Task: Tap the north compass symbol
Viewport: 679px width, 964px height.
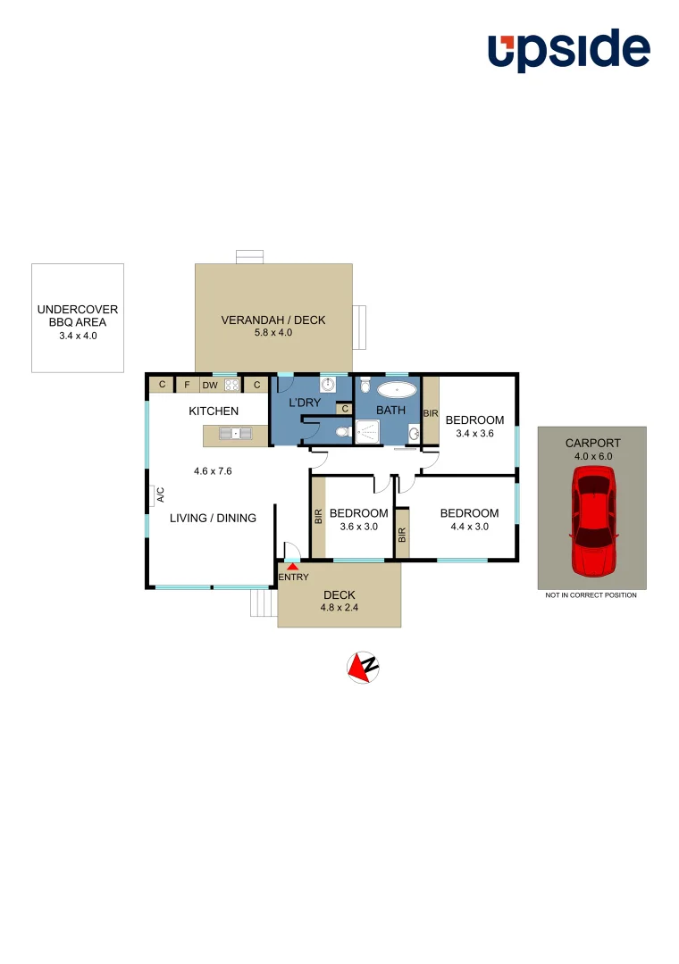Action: (x=363, y=667)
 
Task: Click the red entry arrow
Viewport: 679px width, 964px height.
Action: (x=292, y=567)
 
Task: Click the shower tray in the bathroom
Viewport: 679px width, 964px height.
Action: (x=367, y=432)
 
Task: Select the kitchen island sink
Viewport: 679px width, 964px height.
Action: (x=236, y=434)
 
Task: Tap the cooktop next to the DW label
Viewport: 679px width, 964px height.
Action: (x=231, y=386)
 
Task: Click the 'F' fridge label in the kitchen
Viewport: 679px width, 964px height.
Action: (x=187, y=386)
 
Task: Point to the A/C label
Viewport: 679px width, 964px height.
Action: (x=161, y=494)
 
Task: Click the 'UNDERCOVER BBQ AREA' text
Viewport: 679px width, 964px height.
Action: (x=78, y=316)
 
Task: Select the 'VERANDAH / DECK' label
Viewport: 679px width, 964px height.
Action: (x=273, y=320)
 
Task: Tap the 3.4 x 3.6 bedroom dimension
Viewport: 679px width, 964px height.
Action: (x=474, y=433)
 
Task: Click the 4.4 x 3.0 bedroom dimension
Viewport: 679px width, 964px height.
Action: (x=469, y=526)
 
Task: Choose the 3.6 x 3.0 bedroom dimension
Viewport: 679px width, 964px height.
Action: (x=358, y=526)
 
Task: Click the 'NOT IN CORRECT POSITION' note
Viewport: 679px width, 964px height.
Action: (x=591, y=595)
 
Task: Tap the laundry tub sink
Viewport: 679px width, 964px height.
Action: (x=328, y=386)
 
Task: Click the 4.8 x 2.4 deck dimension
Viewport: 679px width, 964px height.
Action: (x=339, y=608)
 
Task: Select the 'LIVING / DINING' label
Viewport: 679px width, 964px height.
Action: (x=213, y=518)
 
